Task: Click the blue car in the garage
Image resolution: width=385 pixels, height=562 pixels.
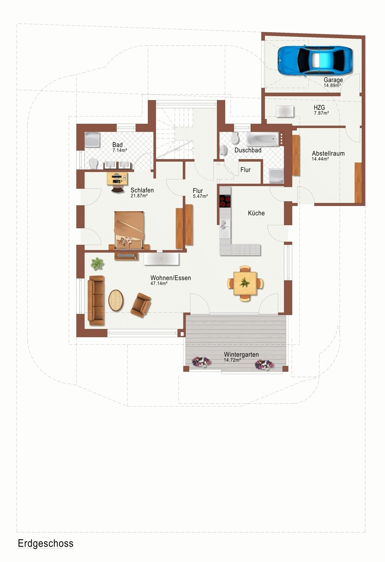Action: [315, 60]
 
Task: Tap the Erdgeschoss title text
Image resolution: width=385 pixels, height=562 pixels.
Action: [45, 543]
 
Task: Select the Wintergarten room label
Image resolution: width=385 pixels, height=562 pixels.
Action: [241, 354]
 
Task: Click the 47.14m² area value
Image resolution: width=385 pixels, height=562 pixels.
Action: [159, 284]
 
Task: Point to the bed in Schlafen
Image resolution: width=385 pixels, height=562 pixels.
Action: [129, 230]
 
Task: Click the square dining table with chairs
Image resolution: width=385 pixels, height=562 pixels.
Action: [245, 283]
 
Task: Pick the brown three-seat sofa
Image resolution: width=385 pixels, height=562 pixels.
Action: [96, 300]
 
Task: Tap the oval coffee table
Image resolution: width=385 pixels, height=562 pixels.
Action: [116, 300]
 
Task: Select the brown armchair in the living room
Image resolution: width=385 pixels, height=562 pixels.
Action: [141, 305]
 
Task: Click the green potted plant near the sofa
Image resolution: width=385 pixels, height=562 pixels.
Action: [97, 264]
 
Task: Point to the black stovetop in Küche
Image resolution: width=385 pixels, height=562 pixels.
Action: [225, 201]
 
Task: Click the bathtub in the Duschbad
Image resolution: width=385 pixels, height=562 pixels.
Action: [263, 139]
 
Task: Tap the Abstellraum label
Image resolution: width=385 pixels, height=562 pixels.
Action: [328, 153]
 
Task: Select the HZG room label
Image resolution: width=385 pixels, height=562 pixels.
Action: [319, 108]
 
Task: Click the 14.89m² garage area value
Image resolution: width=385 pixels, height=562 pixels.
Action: [332, 85]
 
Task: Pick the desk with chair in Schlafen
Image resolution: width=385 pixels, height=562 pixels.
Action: [117, 182]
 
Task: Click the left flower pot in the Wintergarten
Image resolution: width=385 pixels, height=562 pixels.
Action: [201, 362]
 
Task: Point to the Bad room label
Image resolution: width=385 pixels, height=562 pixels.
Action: [117, 145]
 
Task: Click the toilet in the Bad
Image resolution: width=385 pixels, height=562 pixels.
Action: [93, 163]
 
